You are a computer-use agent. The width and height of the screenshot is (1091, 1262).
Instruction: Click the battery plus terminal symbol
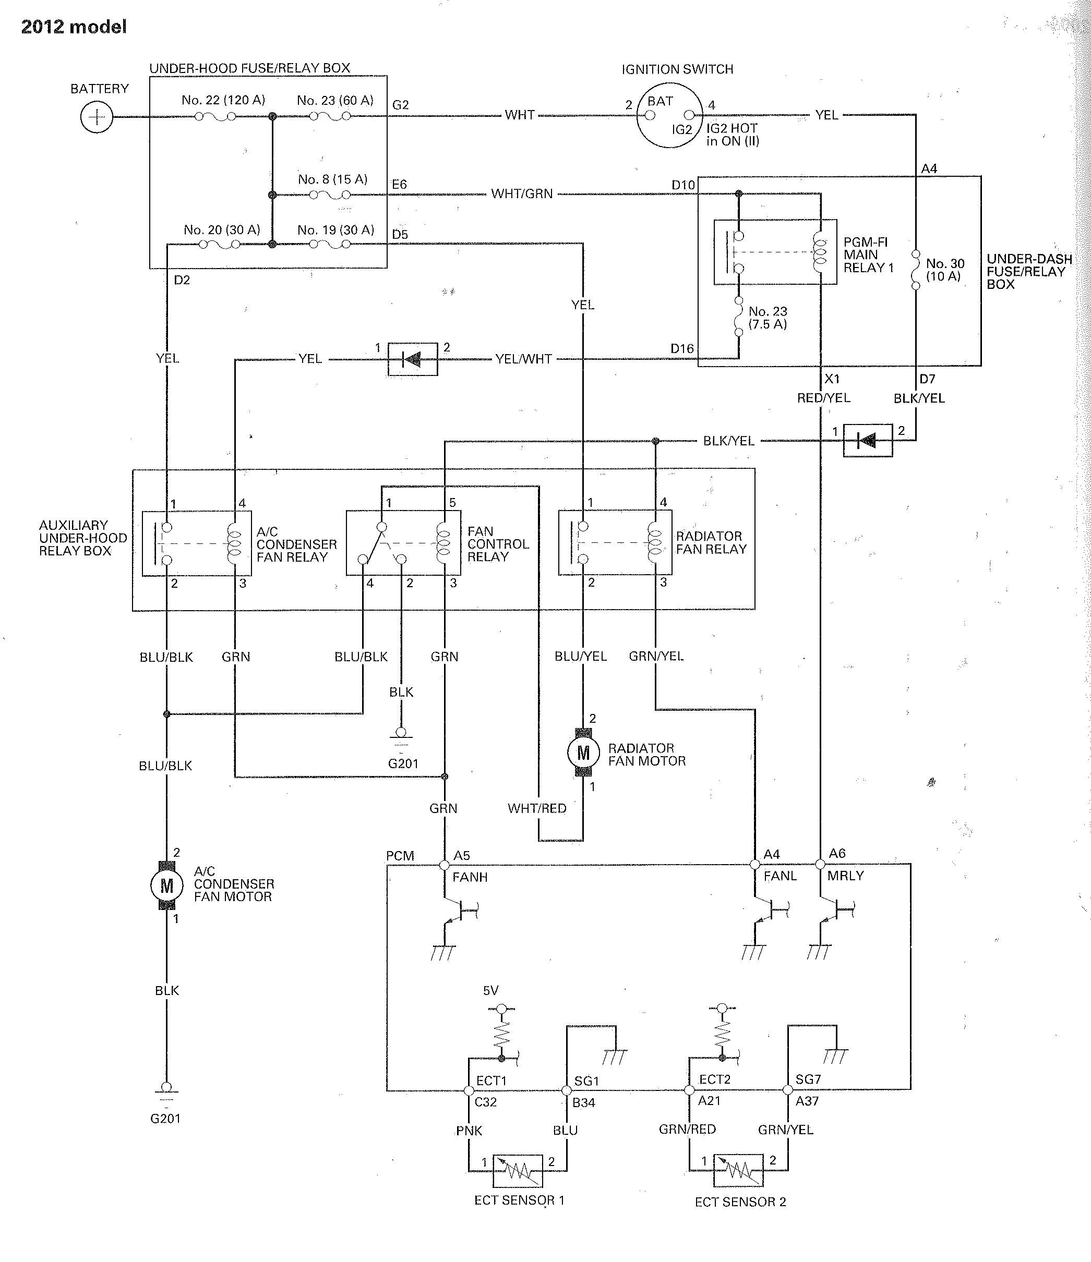pyautogui.click(x=97, y=117)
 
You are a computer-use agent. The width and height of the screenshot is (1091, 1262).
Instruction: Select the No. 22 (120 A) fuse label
pyautogui.click(x=223, y=100)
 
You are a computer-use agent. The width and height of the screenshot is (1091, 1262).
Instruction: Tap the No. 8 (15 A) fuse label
pyautogui.click(x=332, y=179)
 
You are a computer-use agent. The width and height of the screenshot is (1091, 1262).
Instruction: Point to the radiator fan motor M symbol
pyautogui.click(x=583, y=753)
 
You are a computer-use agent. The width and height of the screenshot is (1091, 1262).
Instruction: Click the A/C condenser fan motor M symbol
pyautogui.click(x=166, y=885)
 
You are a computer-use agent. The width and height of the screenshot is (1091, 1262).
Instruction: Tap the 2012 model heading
pyautogui.click(x=74, y=27)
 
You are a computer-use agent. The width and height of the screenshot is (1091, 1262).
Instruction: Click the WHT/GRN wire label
pyautogui.click(x=522, y=193)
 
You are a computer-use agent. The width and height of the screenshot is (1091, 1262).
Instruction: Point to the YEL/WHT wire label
pyautogui.click(x=523, y=359)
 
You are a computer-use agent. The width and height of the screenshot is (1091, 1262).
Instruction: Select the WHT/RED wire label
pyautogui.click(x=537, y=808)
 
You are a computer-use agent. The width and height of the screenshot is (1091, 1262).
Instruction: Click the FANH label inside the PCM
pyautogui.click(x=470, y=877)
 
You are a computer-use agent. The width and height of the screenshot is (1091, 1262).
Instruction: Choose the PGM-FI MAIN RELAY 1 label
pyautogui.click(x=868, y=254)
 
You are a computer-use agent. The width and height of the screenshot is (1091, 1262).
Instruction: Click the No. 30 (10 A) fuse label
pyautogui.click(x=945, y=270)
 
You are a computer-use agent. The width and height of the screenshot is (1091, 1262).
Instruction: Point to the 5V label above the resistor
pyautogui.click(x=490, y=990)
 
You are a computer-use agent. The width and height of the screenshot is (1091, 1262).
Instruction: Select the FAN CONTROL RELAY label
pyautogui.click(x=498, y=544)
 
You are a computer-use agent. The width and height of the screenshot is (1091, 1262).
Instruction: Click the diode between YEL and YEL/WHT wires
pyautogui.click(x=413, y=359)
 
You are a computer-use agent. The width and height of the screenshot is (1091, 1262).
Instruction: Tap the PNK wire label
pyautogui.click(x=469, y=1131)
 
